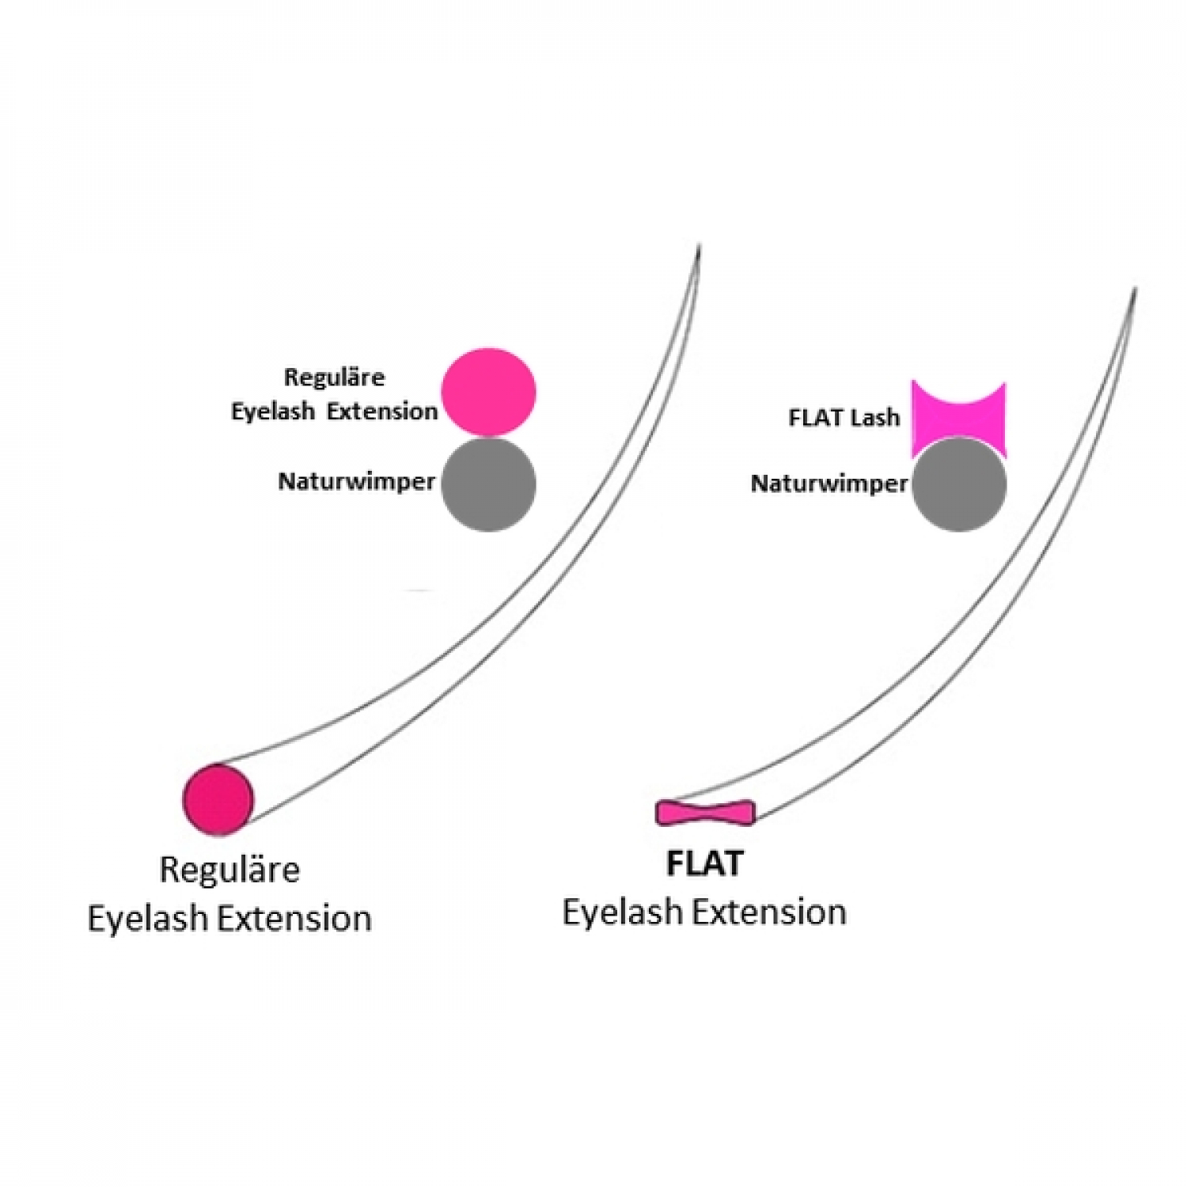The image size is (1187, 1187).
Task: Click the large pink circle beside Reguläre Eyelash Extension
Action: pyautogui.click(x=488, y=393)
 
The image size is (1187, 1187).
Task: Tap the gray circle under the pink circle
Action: pyautogui.click(x=488, y=484)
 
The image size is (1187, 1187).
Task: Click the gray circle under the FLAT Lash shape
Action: pyautogui.click(x=959, y=484)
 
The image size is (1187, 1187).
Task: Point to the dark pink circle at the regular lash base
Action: pyautogui.click(x=218, y=799)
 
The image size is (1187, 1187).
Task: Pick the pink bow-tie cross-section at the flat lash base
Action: pyautogui.click(x=706, y=813)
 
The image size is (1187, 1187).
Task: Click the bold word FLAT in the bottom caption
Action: pyautogui.click(x=704, y=863)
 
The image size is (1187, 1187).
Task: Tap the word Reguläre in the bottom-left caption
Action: pyautogui.click(x=229, y=870)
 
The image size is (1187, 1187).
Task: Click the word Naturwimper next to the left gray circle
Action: pyautogui.click(x=357, y=482)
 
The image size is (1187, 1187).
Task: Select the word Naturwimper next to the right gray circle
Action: pyautogui.click(x=829, y=483)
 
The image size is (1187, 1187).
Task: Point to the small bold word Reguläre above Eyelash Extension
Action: pyautogui.click(x=334, y=377)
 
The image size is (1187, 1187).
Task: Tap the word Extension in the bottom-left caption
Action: pyautogui.click(x=294, y=919)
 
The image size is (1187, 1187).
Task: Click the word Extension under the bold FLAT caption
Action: pyautogui.click(x=769, y=912)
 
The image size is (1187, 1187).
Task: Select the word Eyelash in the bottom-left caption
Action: pyautogui.click(x=149, y=919)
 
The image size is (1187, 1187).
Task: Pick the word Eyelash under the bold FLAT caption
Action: pyautogui.click(x=624, y=912)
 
